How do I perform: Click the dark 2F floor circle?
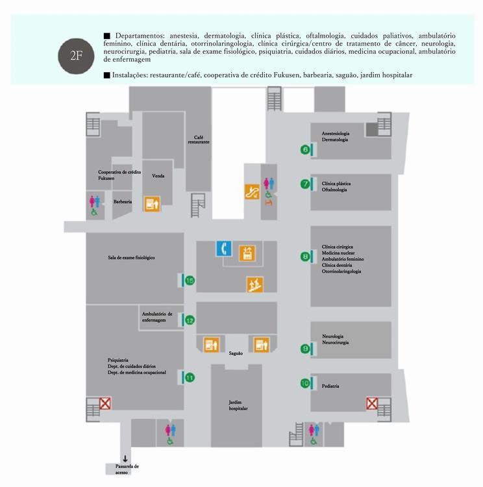coord(76,56)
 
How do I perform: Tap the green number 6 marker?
coord(305,150)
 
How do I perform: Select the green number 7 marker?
coord(305,184)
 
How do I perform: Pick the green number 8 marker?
coord(305,256)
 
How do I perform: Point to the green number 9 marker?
coord(305,349)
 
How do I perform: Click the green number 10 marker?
coord(305,383)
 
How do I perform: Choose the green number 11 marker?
coord(190,378)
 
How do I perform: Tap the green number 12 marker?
coord(190,320)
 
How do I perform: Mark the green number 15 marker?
coord(190,281)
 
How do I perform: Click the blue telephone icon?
coord(224,249)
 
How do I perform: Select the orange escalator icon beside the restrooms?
coord(252,192)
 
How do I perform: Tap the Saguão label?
coord(236,353)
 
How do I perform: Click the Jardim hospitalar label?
coord(238,405)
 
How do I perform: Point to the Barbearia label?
coord(123,201)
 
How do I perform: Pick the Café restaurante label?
coord(199,140)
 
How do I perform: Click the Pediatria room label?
coord(330,386)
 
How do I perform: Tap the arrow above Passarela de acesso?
coord(125,458)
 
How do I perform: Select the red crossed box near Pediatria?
coord(372,403)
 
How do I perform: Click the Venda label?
coord(158,176)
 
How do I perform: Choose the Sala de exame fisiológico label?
coord(131,258)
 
